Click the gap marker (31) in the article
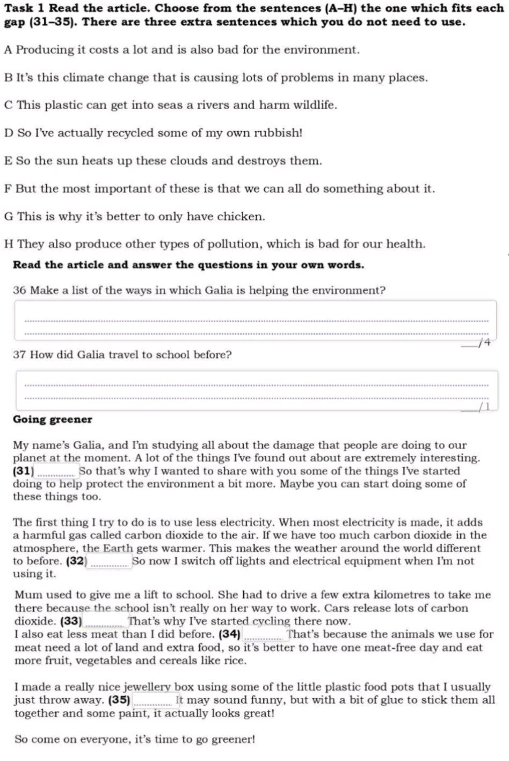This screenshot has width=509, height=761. pos(23,471)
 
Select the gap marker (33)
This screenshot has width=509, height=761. pos(71,622)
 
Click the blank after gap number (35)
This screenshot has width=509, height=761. pos(152,700)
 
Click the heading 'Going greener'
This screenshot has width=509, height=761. pos(53,419)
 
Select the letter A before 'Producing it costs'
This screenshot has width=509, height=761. pos(8,50)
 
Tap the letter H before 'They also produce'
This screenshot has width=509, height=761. pos(9,244)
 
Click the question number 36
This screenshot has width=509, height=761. pos(20,291)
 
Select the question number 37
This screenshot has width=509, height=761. pos(20,355)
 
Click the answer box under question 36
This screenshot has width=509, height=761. pos(256,320)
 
